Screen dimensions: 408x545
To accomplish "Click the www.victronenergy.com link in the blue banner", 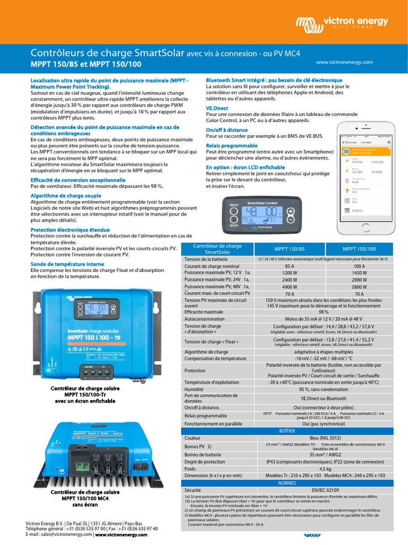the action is pos(344,62).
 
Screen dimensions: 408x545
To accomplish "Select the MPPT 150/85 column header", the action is pos(290,249).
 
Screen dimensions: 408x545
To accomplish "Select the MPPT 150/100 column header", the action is pos(359,249).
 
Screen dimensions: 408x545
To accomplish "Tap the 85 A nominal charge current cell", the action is pos(290,266).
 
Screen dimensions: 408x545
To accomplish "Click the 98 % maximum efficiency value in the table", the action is pos(324,312).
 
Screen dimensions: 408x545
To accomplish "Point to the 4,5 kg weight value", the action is pos(324,469).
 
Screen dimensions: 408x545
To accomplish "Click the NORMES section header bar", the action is pos(287,482).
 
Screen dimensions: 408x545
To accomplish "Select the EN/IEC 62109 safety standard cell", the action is pos(324,489).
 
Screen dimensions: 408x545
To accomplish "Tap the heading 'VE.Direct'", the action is pos(217,108).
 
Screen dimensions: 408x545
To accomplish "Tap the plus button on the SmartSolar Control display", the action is pos(291,210).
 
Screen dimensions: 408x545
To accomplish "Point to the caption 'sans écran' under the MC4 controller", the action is pos(86,505).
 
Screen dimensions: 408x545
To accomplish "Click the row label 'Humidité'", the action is pos(195,389).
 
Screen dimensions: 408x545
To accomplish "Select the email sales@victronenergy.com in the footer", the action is pos(67,535).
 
